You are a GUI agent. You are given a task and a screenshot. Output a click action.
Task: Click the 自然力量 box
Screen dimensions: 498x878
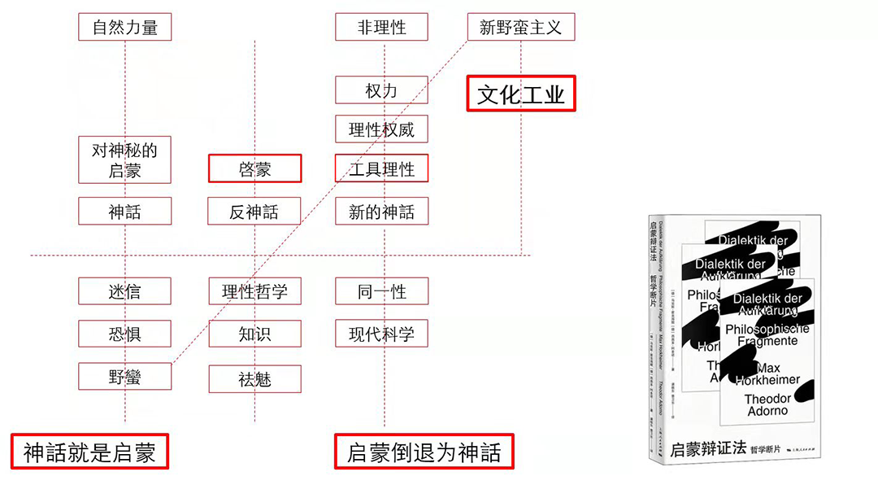(125, 28)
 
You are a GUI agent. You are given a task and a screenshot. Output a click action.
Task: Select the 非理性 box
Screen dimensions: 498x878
(381, 28)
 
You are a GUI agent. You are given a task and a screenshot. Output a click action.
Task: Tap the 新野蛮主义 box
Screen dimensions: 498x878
(520, 28)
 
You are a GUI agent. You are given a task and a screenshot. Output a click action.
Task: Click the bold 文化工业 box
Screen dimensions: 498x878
(520, 94)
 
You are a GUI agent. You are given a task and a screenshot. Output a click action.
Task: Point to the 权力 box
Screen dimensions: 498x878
(381, 90)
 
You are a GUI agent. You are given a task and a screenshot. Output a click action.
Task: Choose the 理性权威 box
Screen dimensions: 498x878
(381, 129)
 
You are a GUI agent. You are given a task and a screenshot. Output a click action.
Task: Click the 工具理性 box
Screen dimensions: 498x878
(381, 169)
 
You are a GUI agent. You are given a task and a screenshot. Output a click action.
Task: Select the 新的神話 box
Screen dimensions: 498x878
(381, 212)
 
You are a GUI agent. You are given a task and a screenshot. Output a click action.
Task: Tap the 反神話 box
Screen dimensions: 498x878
(254, 212)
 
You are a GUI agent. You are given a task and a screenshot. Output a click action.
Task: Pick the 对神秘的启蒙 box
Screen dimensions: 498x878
(125, 160)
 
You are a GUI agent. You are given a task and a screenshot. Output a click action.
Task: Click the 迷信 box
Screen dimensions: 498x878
(125, 291)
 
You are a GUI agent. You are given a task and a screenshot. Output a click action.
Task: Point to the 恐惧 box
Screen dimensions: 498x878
(125, 334)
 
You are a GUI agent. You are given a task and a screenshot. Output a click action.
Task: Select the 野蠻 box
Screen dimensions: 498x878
(125, 377)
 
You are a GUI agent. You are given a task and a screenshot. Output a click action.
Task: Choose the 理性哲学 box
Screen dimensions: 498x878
(254, 291)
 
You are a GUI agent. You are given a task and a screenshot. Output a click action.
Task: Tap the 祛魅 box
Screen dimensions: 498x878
(254, 379)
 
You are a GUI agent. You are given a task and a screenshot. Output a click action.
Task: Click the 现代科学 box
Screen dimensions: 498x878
(381, 334)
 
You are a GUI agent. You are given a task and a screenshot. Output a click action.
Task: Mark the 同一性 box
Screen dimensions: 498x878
(381, 291)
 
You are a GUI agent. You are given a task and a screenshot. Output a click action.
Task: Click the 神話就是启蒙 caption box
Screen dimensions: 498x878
(89, 452)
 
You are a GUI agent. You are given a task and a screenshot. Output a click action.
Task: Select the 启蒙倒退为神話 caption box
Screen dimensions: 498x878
(424, 452)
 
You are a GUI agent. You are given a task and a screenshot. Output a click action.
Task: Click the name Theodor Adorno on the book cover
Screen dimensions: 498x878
(767, 404)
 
